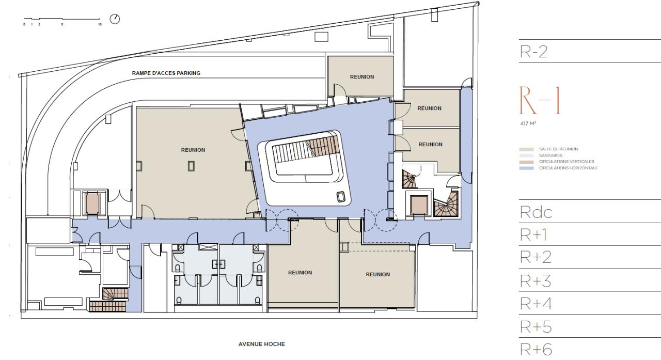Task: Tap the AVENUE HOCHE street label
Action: pos(261,344)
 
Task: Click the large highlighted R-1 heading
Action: pos(539,101)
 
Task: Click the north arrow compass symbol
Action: pos(115,19)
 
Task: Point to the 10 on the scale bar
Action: pos(99,24)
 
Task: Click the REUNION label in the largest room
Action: pos(193,150)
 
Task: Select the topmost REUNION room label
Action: pos(361,77)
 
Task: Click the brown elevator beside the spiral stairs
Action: pos(418,205)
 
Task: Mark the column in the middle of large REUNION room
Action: pos(192,165)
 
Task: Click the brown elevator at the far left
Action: pos(92,203)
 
